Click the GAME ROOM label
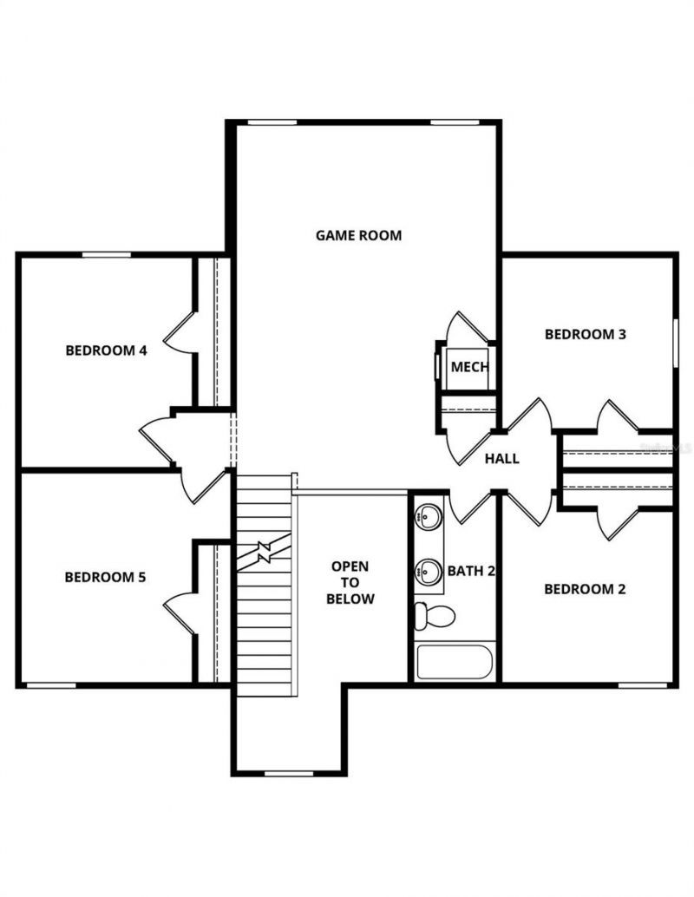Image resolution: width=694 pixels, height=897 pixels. tap(358, 235)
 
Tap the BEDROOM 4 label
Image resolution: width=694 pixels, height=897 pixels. tap(106, 350)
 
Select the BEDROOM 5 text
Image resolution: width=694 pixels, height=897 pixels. tap(105, 576)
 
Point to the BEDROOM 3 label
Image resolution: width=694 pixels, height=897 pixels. tap(585, 334)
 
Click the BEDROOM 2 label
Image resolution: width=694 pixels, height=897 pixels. tap(585, 589)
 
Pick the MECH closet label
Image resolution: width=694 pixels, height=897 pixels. tap(469, 367)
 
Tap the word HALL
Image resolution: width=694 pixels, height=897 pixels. tap(502, 458)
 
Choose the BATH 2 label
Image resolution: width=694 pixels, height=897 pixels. tap(471, 571)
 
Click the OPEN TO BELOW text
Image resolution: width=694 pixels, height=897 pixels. tap(350, 582)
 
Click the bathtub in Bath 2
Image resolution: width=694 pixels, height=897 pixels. tap(454, 662)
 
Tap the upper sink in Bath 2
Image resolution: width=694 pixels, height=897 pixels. tap(428, 518)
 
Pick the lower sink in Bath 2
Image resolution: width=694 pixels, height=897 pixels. tap(428, 572)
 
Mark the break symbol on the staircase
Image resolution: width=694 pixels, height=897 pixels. tap(263, 552)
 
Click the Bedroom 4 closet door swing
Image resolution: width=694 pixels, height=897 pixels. tap(180, 334)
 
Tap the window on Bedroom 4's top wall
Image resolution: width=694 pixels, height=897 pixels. tap(106, 254)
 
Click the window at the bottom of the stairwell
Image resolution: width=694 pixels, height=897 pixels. tap(288, 773)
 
